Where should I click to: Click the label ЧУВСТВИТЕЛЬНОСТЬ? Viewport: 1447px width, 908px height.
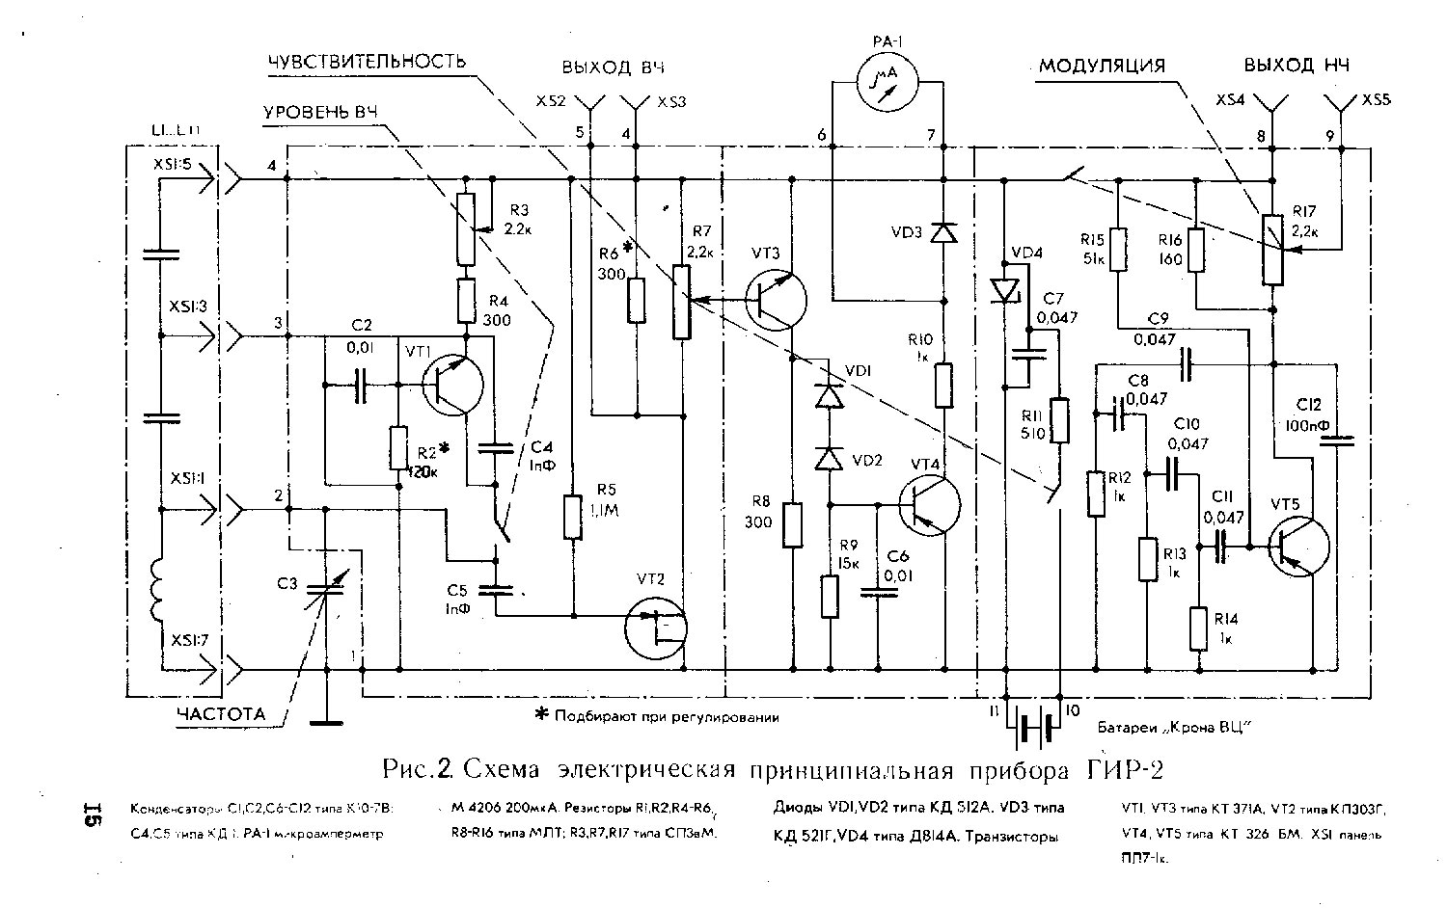click(369, 62)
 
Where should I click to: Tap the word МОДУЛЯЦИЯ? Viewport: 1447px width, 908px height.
click(1102, 66)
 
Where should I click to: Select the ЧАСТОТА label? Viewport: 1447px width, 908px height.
click(220, 714)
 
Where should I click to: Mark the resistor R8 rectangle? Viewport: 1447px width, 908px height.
click(792, 525)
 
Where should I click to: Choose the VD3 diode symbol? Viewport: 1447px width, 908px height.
click(944, 232)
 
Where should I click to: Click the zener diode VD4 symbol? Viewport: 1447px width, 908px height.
click(1004, 289)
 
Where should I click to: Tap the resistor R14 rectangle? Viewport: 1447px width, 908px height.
click(1198, 628)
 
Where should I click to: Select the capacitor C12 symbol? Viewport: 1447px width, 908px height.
click(1338, 441)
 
